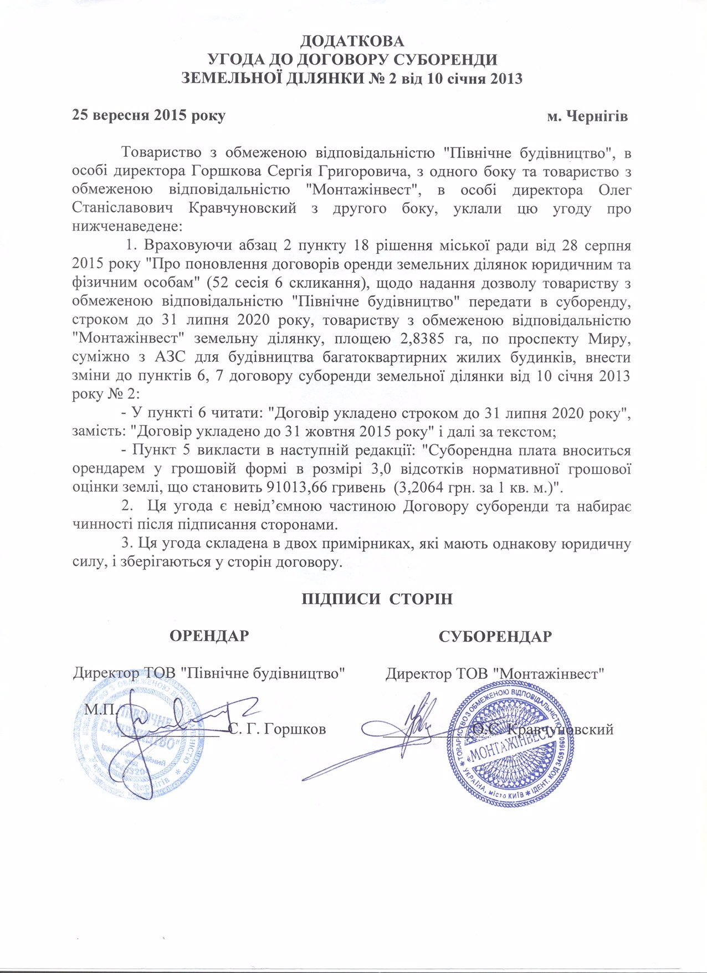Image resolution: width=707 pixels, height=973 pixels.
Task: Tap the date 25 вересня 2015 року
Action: click(149, 116)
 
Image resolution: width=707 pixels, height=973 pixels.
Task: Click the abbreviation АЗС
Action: click(170, 357)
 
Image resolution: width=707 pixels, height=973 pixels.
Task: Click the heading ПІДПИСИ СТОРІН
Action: click(377, 599)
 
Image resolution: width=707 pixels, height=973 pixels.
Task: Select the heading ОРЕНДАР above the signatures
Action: click(209, 636)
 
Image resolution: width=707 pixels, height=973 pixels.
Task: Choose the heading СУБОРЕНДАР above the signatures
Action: click(495, 636)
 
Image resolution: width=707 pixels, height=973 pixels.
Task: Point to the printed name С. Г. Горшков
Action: click(277, 729)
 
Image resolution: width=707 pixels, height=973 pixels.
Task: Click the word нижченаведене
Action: click(126, 227)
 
